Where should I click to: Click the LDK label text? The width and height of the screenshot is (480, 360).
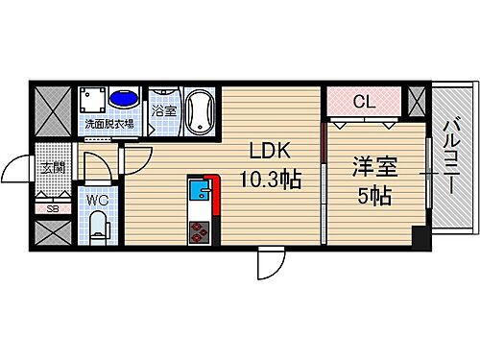click(269, 151)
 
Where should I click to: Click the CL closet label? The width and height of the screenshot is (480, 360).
click(364, 100)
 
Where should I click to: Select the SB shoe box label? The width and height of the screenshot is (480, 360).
click(52, 207)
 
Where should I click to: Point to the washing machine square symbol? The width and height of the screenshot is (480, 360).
click(93, 99)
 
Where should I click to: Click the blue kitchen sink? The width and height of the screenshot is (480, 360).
click(198, 190)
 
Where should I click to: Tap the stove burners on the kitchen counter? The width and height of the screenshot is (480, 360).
click(200, 230)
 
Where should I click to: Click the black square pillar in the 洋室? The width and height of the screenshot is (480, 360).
click(417, 235)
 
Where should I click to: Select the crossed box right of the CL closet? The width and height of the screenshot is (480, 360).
click(415, 100)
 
